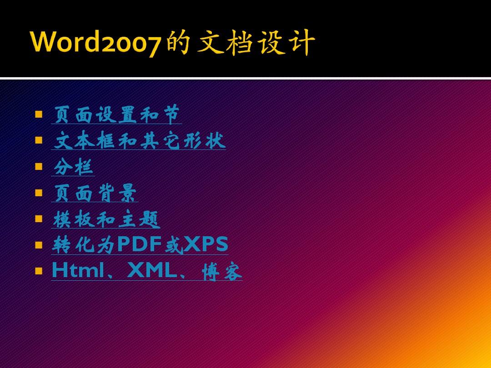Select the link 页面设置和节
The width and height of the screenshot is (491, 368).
pos(116,114)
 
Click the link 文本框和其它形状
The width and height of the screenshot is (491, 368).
pos(139,140)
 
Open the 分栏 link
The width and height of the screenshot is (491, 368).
pos(73,167)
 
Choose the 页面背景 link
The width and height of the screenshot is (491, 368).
pos(95,194)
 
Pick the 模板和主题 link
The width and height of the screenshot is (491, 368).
pos(106,219)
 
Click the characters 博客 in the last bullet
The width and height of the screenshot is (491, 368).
pos(222,273)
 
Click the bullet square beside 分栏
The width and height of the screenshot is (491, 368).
pos(39,167)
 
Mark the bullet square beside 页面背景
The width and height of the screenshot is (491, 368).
pos(39,193)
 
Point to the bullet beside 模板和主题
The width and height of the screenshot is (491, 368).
pos(39,219)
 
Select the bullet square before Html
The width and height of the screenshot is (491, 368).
pos(39,272)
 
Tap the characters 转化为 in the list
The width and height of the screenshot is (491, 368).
pos(84,245)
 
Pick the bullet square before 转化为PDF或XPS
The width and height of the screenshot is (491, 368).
pos(39,245)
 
